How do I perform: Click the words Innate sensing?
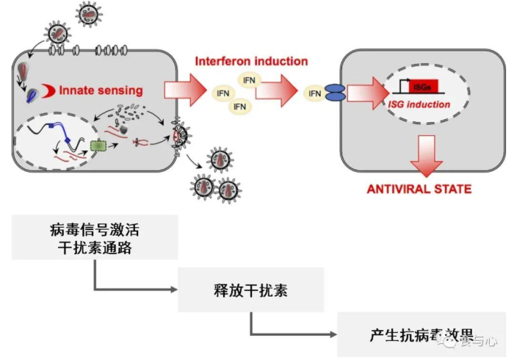[101, 90]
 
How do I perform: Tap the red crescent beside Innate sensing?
[49, 90]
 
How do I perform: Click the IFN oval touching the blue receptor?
[314, 93]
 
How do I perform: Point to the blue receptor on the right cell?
[334, 93]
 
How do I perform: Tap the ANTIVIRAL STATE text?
[419, 189]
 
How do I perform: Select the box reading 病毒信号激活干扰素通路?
[95, 237]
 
